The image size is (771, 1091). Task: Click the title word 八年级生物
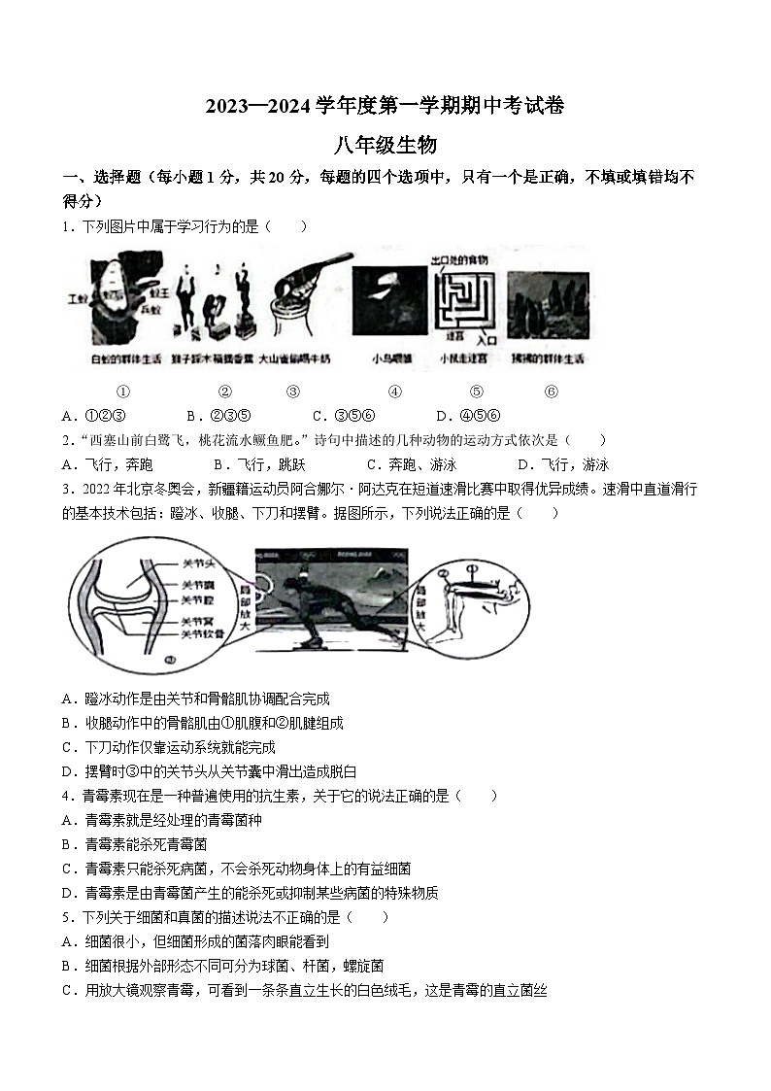pyautogui.click(x=385, y=146)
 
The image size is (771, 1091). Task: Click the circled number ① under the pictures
pyautogui.click(x=123, y=392)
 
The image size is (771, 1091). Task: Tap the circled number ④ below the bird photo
pyautogui.click(x=394, y=392)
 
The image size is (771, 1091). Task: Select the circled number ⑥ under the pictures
pyautogui.click(x=552, y=392)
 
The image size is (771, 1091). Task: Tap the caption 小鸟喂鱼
pyautogui.click(x=389, y=358)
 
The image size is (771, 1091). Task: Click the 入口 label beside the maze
pyautogui.click(x=485, y=341)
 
